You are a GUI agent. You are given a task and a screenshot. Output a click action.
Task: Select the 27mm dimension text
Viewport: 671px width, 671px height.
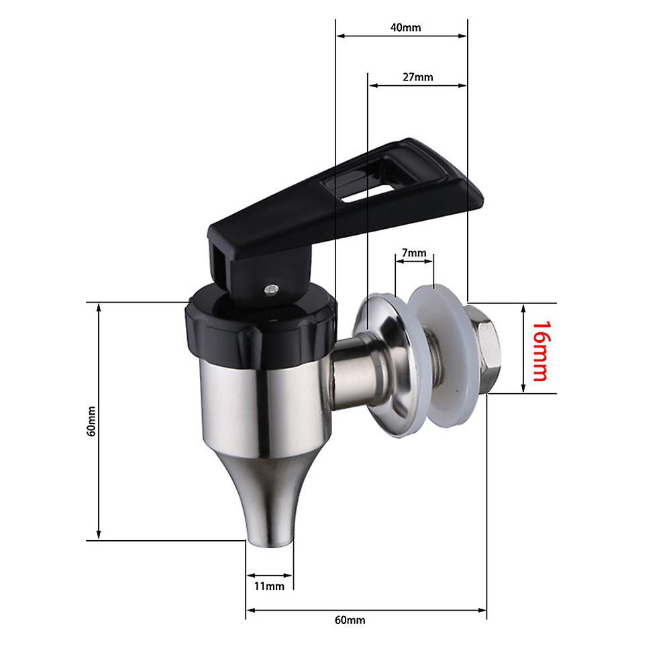[417, 77]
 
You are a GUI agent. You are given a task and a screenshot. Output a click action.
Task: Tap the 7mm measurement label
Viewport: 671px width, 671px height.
[413, 253]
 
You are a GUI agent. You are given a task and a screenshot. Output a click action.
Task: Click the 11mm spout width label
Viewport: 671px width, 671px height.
[269, 586]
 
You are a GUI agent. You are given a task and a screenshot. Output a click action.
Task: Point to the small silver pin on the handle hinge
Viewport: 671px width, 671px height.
[270, 289]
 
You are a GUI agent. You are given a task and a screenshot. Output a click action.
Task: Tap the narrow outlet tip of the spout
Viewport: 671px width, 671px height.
[269, 533]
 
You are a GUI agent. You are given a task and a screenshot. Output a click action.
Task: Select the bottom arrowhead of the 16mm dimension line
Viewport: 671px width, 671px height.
[523, 389]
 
